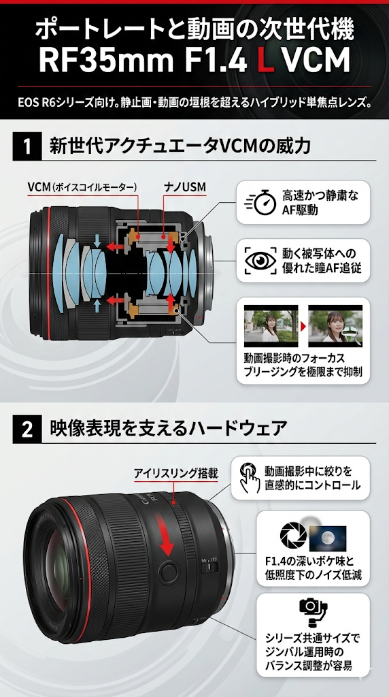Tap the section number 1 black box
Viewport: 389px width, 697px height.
coord(27,146)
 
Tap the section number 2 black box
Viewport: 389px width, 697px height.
coord(27,430)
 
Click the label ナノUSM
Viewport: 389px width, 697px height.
coord(184,187)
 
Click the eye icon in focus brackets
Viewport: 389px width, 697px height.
coord(260,261)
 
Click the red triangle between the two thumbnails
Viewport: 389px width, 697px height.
coord(303,326)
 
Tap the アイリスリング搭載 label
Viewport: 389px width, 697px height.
coord(176,474)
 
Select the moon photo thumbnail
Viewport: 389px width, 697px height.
coord(328,539)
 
